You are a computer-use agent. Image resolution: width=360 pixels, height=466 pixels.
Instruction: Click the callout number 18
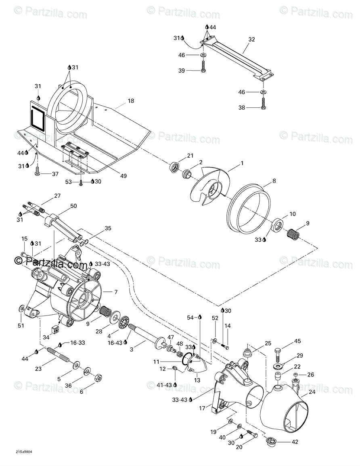click(131, 100)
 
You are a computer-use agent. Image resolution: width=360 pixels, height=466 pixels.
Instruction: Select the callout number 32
click(251, 40)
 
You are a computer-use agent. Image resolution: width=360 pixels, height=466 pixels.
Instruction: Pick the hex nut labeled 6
click(98, 378)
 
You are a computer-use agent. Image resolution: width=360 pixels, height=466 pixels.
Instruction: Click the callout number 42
click(295, 442)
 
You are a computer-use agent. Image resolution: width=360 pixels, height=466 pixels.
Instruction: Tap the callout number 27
click(57, 196)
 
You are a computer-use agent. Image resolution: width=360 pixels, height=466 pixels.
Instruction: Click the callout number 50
click(73, 206)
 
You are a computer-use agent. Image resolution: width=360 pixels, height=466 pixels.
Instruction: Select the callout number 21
click(190, 156)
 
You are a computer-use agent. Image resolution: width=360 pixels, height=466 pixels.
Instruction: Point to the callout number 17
click(202, 408)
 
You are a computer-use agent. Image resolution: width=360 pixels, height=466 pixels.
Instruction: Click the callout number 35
click(108, 228)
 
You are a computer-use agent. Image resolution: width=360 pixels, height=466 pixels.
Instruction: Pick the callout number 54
click(190, 318)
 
